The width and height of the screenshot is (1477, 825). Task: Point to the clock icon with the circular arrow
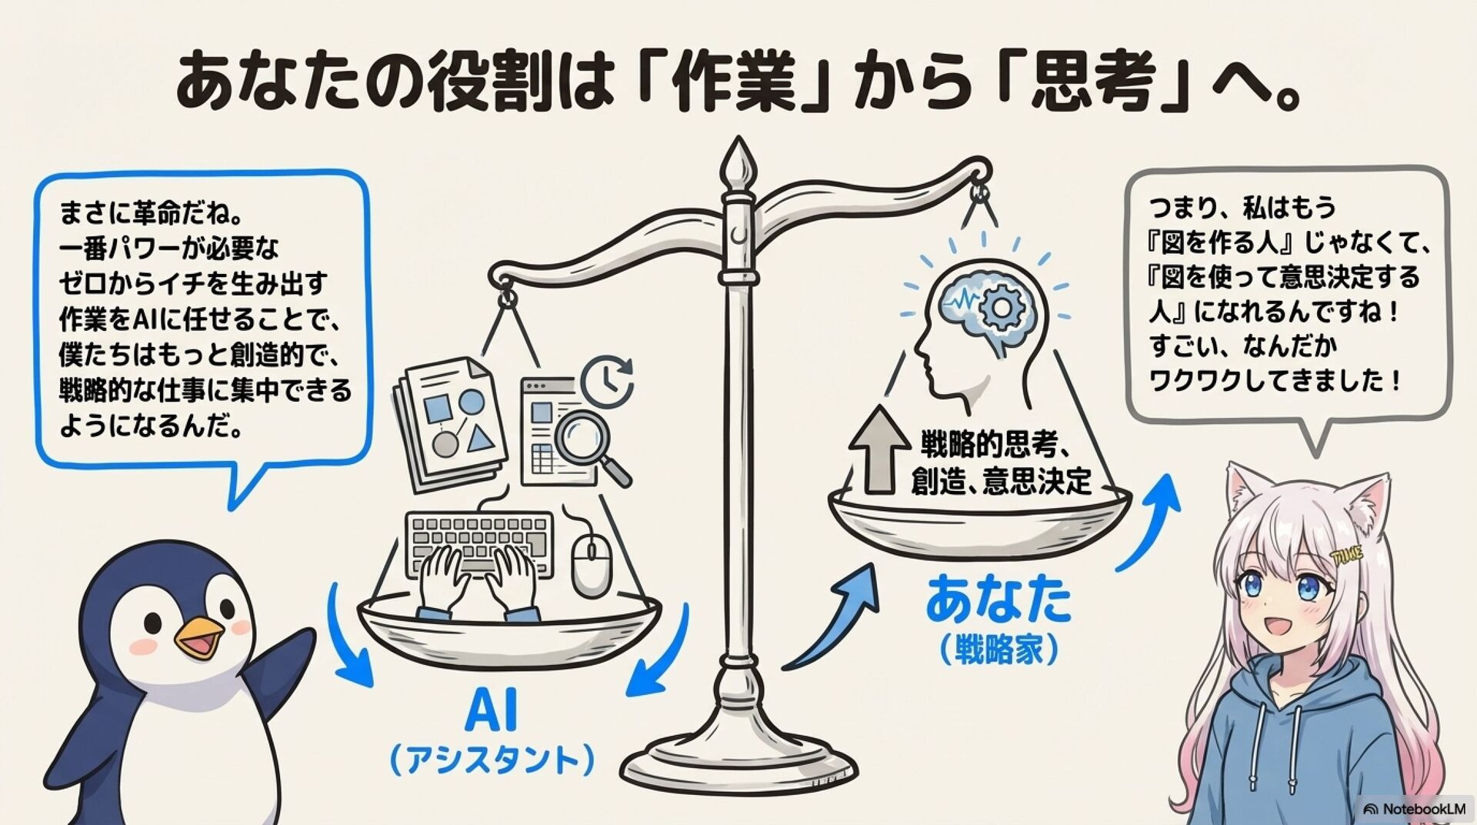(607, 380)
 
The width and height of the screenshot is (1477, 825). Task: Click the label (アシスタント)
(492, 759)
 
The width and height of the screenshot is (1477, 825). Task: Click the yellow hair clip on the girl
(1345, 554)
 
